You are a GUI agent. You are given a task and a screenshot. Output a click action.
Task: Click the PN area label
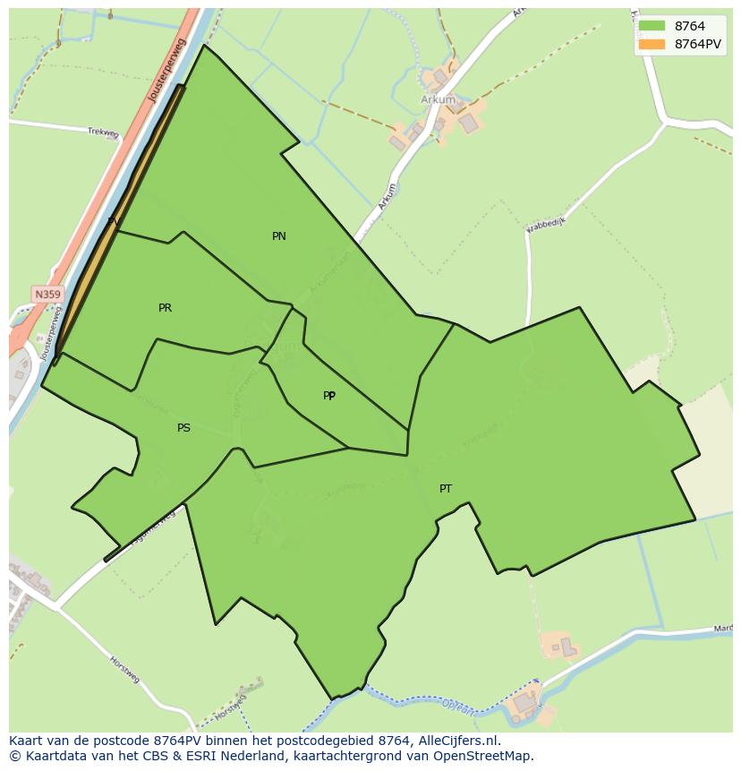[279, 236]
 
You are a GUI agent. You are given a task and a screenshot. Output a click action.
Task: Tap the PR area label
[165, 308]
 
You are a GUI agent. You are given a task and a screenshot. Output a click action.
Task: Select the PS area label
[183, 428]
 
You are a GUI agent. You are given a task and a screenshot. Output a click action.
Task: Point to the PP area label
[329, 396]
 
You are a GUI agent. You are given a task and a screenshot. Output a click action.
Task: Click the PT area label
[446, 489]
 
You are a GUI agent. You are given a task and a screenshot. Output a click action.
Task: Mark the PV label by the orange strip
[114, 221]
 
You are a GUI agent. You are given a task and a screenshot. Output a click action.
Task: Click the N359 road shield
[47, 294]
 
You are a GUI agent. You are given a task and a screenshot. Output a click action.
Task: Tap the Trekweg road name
[103, 133]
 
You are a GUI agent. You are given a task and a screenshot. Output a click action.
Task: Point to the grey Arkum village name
[438, 100]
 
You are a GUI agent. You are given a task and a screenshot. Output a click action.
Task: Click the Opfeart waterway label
[458, 707]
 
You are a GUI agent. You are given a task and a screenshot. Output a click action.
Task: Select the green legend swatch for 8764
[652, 26]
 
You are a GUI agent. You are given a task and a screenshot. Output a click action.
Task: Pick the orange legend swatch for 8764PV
[652, 44]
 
